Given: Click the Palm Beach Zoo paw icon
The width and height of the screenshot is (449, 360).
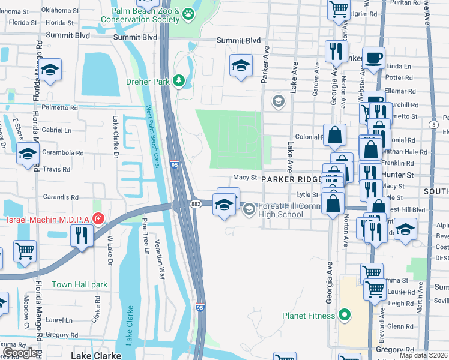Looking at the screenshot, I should [190, 13].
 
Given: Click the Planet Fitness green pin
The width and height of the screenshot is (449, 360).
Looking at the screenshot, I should [345, 314].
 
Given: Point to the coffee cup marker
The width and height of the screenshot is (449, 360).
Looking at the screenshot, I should [373, 59].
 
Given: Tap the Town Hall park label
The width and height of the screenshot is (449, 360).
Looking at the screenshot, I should [79, 284].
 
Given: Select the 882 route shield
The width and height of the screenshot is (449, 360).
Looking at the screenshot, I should [196, 204].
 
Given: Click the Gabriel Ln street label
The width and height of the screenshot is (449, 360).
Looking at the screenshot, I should [56, 130].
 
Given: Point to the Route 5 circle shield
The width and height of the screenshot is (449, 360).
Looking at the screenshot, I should [433, 124].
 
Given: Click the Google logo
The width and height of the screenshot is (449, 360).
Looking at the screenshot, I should [20, 353].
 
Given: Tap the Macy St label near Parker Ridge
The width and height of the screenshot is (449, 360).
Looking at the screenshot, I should [245, 178].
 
